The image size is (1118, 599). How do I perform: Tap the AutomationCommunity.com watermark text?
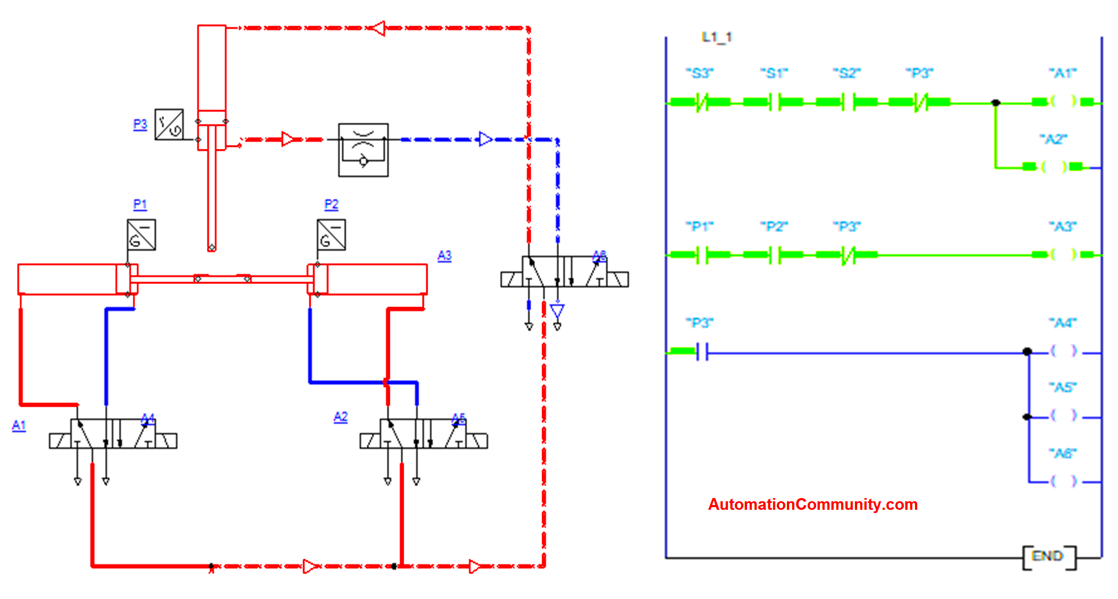812,504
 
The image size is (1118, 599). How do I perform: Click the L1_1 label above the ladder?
716,37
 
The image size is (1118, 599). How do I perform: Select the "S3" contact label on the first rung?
699,73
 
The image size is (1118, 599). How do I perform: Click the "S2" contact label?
846,73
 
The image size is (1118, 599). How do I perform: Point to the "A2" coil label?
1053,140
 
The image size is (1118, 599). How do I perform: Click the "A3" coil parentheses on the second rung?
1063,254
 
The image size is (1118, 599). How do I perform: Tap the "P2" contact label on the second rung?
774,227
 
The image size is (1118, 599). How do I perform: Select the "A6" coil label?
1062,453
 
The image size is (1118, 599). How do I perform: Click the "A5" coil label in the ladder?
1062,388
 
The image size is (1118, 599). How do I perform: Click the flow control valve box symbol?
363,150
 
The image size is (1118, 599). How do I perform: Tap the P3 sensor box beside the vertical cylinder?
169,125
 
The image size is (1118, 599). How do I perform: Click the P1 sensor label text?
140,204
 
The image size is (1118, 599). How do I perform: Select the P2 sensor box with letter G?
331,235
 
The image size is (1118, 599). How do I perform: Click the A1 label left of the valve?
19,425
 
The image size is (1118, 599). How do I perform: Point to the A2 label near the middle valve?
341,417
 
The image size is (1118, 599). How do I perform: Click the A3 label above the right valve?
444,256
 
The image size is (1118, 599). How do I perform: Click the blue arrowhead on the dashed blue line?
485,139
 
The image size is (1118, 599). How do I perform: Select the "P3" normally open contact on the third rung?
702,352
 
